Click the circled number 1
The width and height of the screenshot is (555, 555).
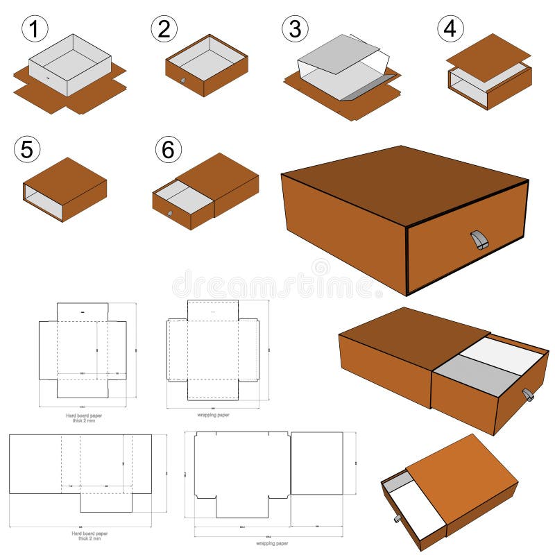click(35, 29)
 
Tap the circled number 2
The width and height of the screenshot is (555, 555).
click(164, 28)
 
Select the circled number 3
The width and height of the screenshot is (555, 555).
click(295, 29)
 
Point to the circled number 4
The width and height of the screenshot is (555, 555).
click(450, 28)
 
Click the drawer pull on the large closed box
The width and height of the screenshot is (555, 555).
click(479, 240)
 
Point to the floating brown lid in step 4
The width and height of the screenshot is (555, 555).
click(488, 55)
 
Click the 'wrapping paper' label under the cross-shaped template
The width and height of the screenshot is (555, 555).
click(214, 415)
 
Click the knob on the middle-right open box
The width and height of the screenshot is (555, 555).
click(528, 395)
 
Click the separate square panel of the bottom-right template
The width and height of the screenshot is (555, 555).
click(316, 463)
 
